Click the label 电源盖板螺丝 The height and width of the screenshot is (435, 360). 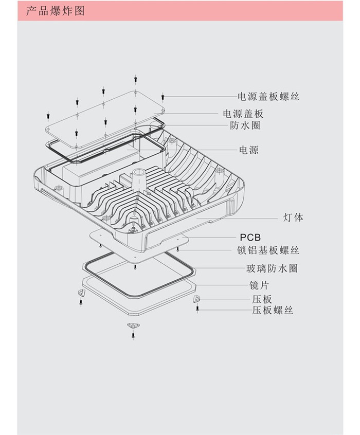[x=268, y=96]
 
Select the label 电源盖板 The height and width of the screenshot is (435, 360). [x=243, y=114]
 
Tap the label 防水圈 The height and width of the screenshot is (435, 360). [x=244, y=125]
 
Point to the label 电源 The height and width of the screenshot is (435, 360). [x=249, y=150]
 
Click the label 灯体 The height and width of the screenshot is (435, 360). [x=293, y=217]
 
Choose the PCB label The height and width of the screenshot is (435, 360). [x=250, y=238]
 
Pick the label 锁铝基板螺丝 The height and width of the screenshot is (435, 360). [x=267, y=250]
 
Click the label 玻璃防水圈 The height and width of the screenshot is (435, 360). [x=272, y=268]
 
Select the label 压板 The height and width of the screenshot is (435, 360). [x=262, y=299]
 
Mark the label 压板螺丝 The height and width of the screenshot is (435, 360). [x=272, y=310]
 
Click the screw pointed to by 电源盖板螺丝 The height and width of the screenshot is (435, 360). [x=163, y=96]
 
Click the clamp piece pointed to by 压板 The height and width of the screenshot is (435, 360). [x=196, y=299]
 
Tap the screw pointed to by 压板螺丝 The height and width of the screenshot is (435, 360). [x=197, y=309]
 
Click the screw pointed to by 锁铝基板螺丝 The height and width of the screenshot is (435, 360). [x=177, y=249]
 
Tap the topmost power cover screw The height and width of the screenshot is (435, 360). [x=135, y=79]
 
